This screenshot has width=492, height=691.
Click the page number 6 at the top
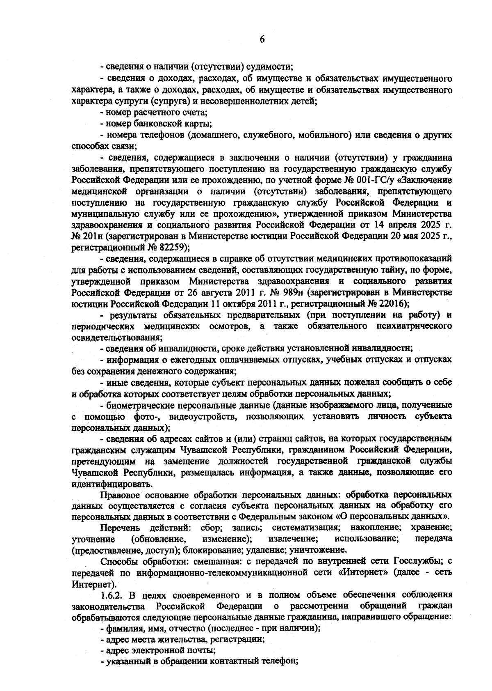(x=262, y=39)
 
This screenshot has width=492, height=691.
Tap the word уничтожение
(x=320, y=549)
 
